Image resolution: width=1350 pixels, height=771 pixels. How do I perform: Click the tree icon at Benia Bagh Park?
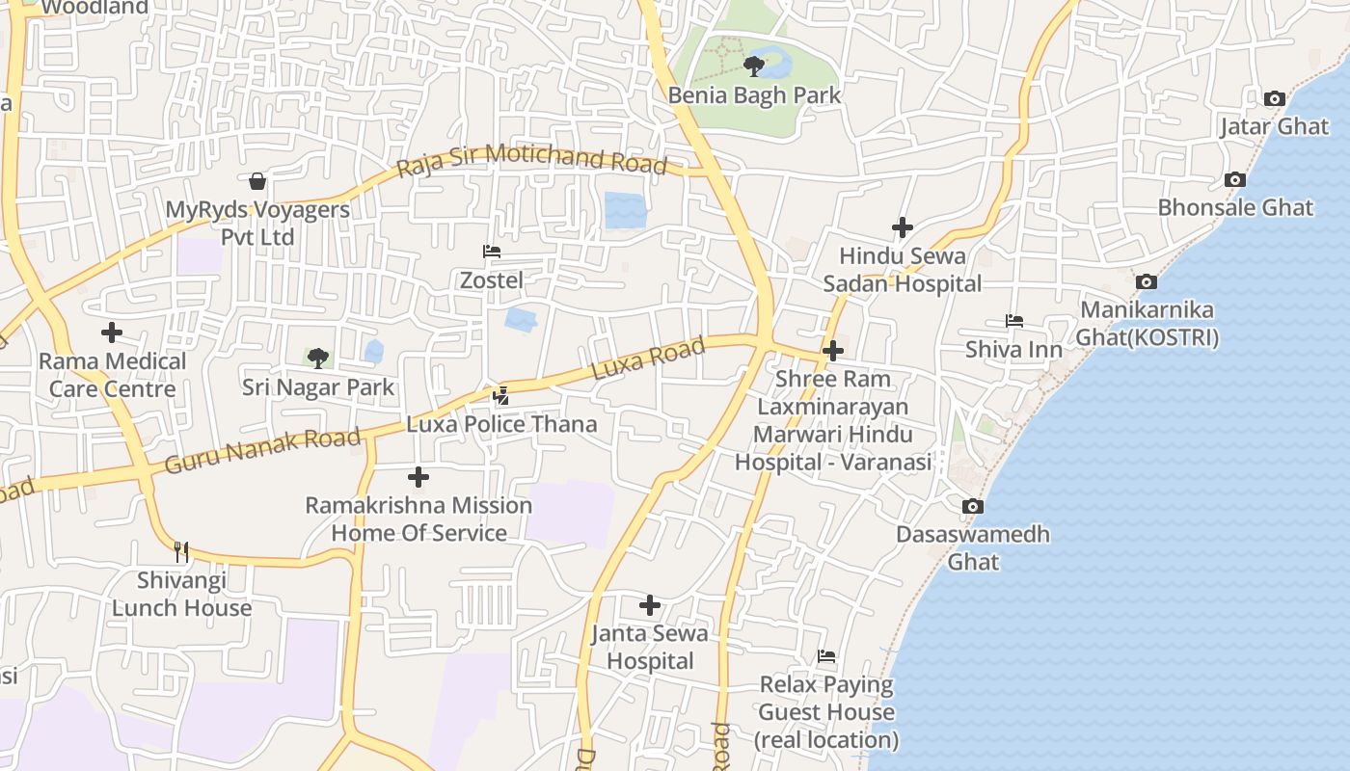coord(754,66)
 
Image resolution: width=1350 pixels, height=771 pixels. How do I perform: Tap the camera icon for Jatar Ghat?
coord(1274,98)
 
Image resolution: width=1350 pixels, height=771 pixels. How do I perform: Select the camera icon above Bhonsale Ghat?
coord(1234,179)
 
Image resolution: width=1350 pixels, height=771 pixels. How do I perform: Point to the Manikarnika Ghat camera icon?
coord(1146,281)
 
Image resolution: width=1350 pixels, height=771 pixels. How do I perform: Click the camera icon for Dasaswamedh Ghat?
coord(973,506)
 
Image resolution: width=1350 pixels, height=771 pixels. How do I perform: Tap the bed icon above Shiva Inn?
coord(1013,321)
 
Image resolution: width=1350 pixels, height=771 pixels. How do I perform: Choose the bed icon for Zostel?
coord(492,252)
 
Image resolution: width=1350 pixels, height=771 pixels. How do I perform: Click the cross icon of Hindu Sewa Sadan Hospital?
coord(902,227)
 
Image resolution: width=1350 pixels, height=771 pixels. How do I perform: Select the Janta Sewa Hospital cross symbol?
coord(650,605)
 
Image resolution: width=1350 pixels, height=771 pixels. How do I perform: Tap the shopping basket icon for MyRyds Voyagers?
coord(257,181)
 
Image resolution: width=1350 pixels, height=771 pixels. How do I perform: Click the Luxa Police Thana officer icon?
coord(500,395)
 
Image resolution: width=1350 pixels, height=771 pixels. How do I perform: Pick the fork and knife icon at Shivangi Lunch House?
coord(181,551)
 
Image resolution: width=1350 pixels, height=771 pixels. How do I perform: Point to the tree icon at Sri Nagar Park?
coord(317,359)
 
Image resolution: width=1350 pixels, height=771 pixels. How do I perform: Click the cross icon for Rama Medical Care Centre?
coord(112,332)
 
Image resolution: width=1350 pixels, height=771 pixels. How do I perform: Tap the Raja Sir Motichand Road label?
coord(531,159)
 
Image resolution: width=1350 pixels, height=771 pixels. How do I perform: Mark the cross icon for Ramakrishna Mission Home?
coord(418,477)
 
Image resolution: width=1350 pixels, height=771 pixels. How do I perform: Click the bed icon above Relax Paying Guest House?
coord(826,656)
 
